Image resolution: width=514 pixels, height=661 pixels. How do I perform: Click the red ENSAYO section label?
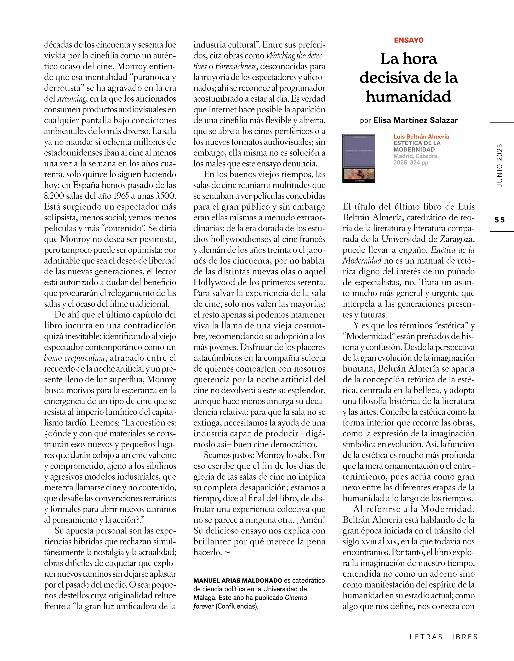pos(409,40)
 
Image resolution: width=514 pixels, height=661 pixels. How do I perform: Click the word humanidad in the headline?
pos(409,97)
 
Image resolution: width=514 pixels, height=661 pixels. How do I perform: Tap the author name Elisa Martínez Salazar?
pos(415,120)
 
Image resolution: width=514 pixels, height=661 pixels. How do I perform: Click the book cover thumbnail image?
pos(359,158)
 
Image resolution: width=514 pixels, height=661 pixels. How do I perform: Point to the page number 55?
pos(499,220)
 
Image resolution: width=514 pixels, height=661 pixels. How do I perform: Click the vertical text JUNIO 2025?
pos(499,165)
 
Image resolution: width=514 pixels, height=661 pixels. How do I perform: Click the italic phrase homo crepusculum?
pos(74,358)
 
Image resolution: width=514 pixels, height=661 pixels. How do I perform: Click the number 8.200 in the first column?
pos(54,196)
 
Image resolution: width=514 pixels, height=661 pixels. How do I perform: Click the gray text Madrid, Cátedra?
pos(416,156)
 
